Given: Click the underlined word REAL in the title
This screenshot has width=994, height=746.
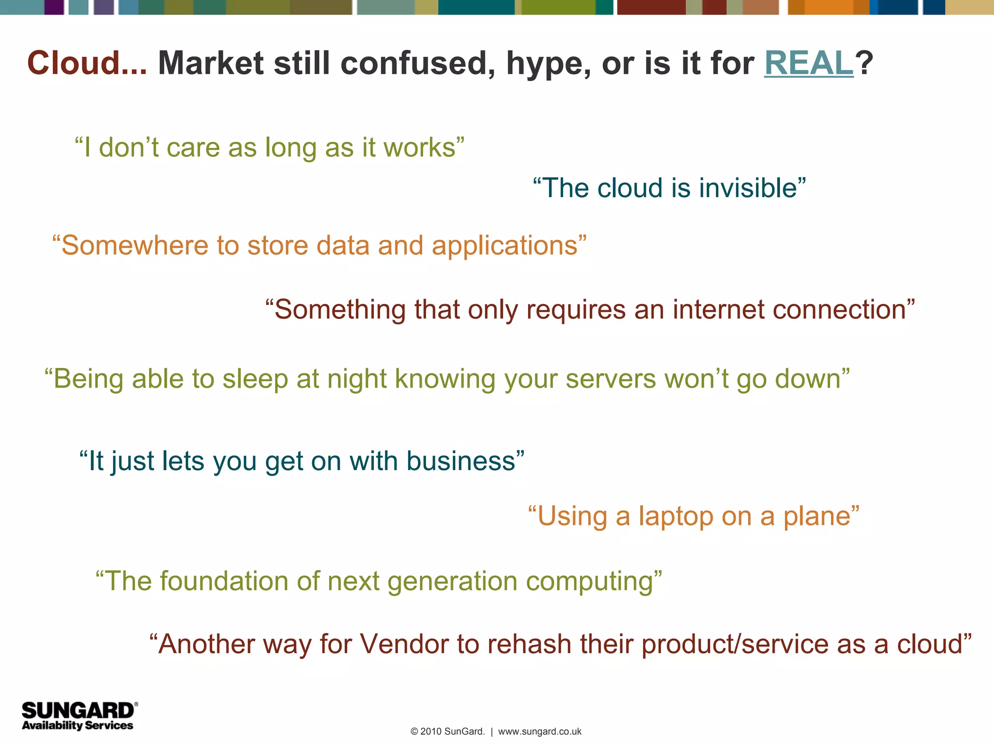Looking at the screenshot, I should tap(809, 63).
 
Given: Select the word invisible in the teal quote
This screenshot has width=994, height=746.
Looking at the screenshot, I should tap(747, 188).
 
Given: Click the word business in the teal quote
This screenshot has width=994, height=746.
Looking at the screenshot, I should tap(461, 461).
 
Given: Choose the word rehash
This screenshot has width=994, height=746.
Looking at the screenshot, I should tap(529, 644).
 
